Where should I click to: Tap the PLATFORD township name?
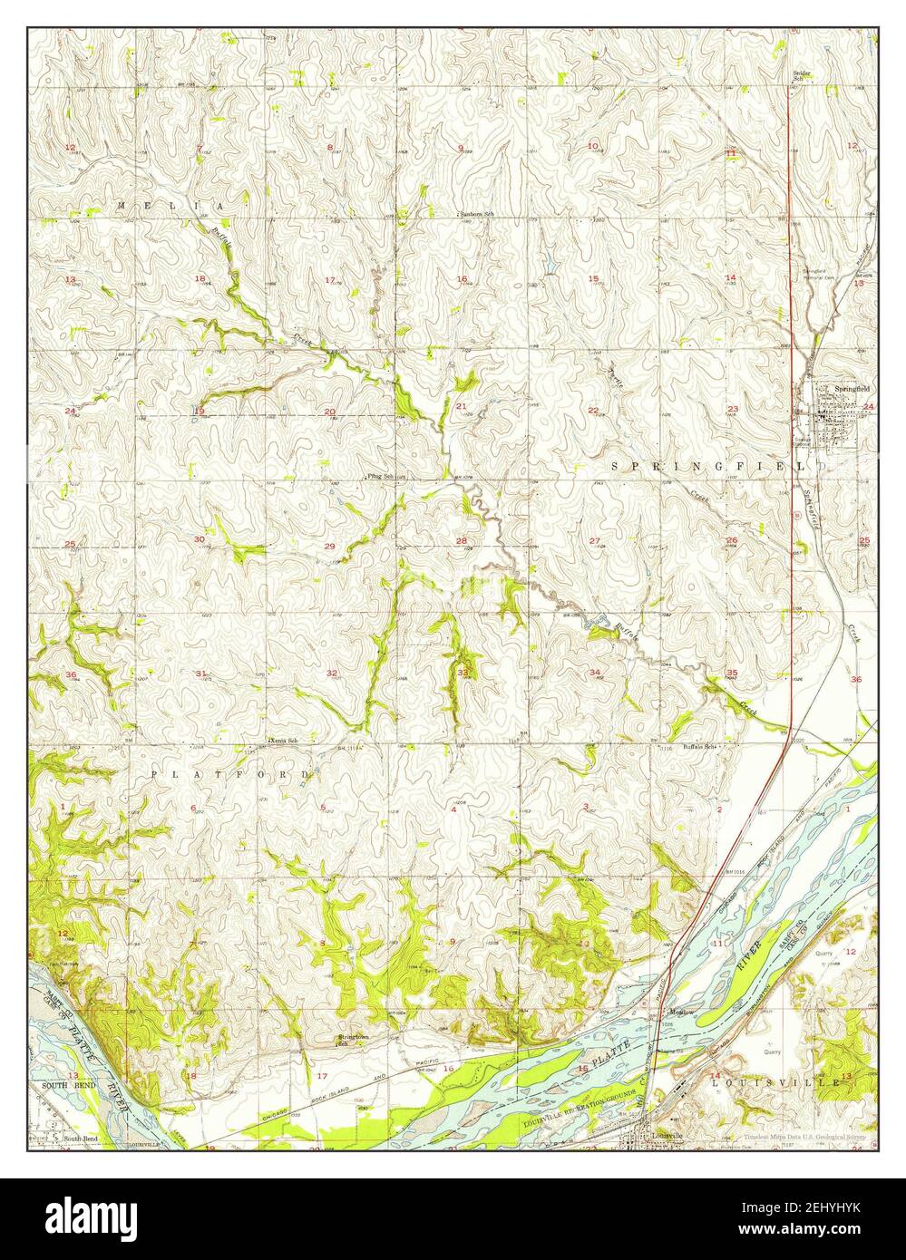(x=230, y=774)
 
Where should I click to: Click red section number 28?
(x=462, y=541)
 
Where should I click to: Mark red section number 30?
(x=200, y=539)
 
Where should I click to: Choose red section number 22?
(x=593, y=410)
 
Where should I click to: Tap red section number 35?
(x=732, y=672)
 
